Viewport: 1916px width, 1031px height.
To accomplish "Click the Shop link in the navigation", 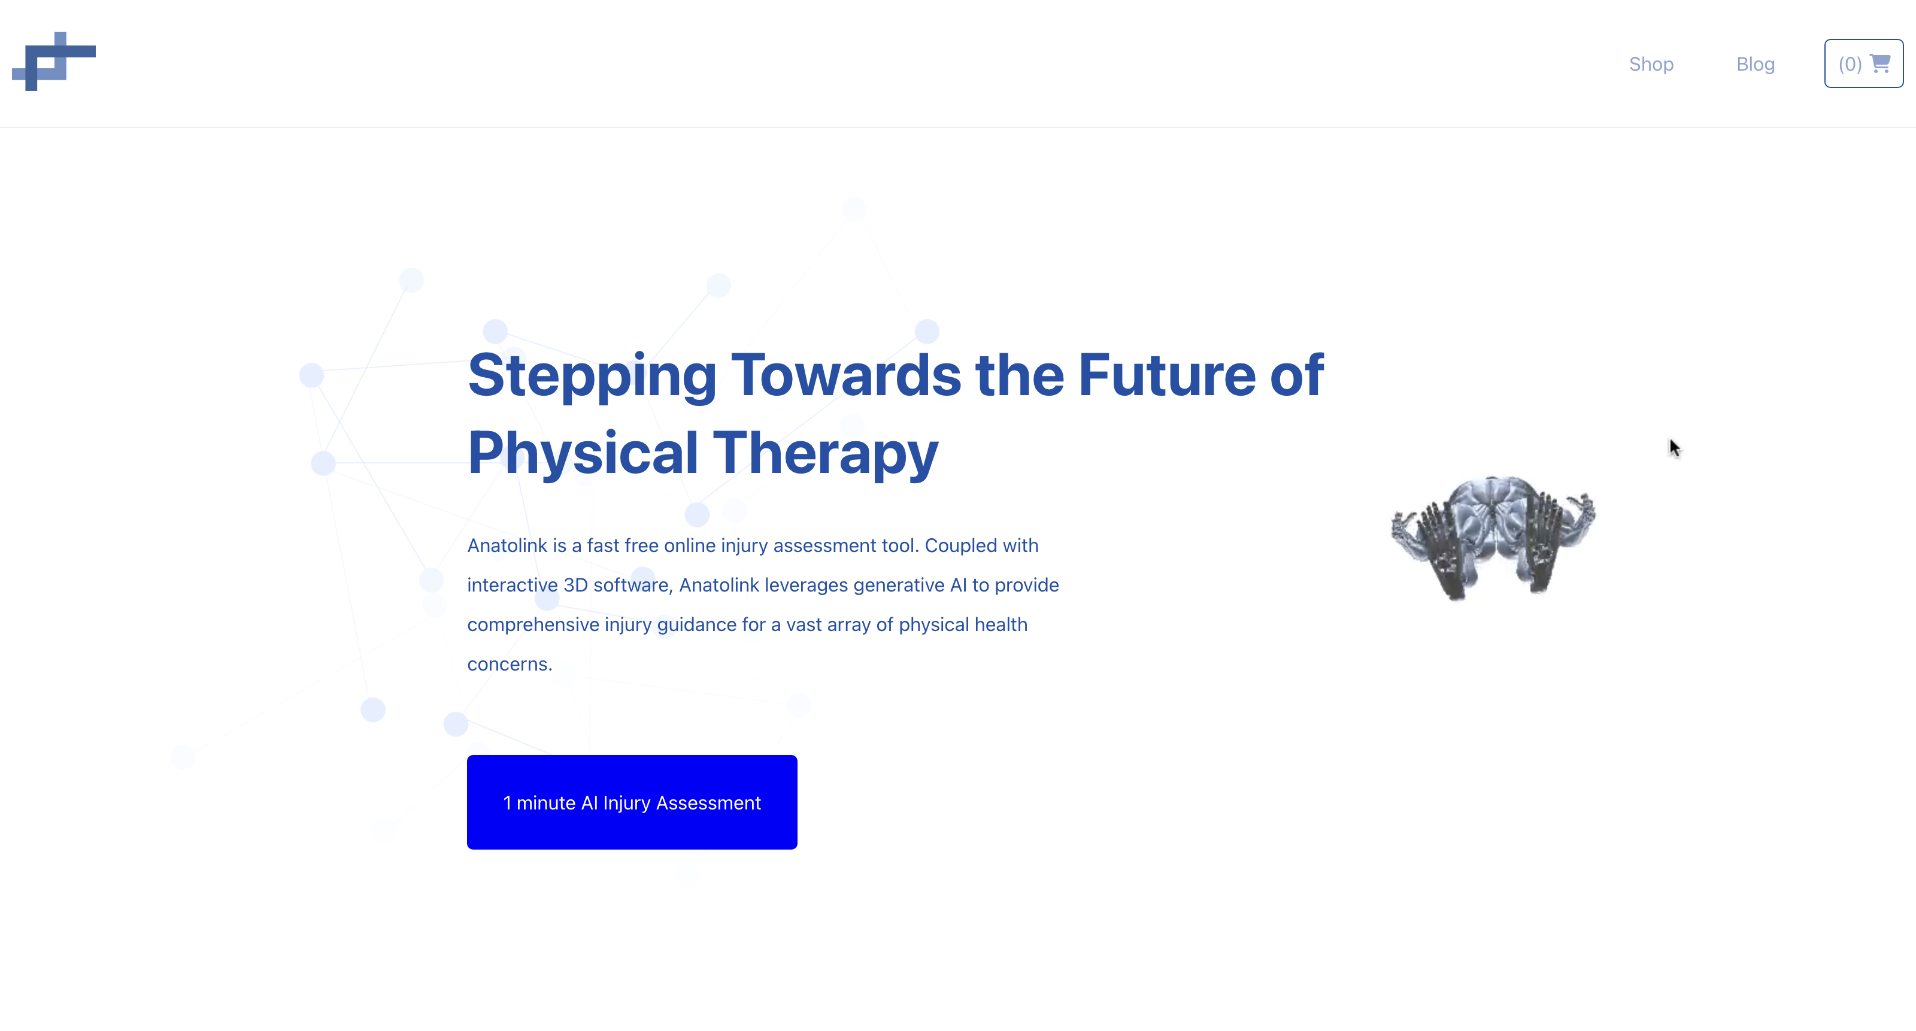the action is point(1651,64).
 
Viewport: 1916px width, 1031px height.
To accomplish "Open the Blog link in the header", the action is point(1756,64).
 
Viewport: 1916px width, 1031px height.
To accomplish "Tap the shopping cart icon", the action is point(1880,63).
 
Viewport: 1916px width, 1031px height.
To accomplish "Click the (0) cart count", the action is point(1850,64).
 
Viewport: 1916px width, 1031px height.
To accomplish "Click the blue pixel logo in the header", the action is point(53,61).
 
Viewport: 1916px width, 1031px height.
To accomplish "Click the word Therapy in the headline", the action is point(826,453).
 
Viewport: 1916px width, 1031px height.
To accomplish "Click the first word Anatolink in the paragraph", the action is point(507,545).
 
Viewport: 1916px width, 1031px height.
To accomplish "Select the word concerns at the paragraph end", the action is point(510,664).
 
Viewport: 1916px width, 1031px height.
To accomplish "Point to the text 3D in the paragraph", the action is point(575,586).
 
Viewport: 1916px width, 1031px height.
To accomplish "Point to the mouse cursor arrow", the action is point(1674,448).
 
